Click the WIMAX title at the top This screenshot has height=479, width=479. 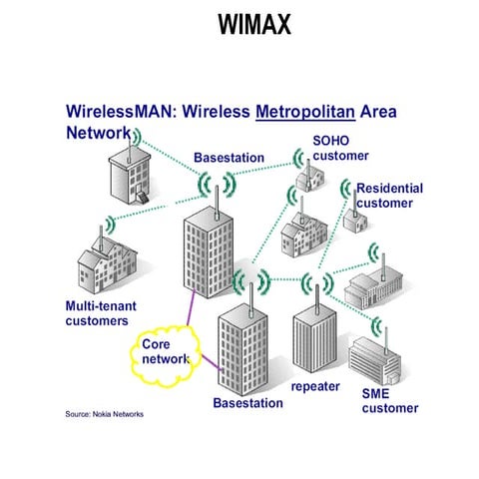pos(253,24)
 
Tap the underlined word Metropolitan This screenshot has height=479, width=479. pos(305,110)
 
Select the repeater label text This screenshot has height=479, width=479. pos(315,386)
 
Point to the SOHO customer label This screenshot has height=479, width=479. pos(340,148)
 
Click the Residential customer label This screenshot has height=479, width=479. pos(389,196)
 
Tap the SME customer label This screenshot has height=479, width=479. pos(389,401)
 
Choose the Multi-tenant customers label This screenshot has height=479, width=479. pos(97,313)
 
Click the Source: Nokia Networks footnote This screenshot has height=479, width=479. pos(105,413)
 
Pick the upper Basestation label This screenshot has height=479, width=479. pos(229,158)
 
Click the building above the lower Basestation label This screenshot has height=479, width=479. pos(245,349)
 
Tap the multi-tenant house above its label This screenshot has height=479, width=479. pos(105,264)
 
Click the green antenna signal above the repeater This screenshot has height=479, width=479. pos(316,283)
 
